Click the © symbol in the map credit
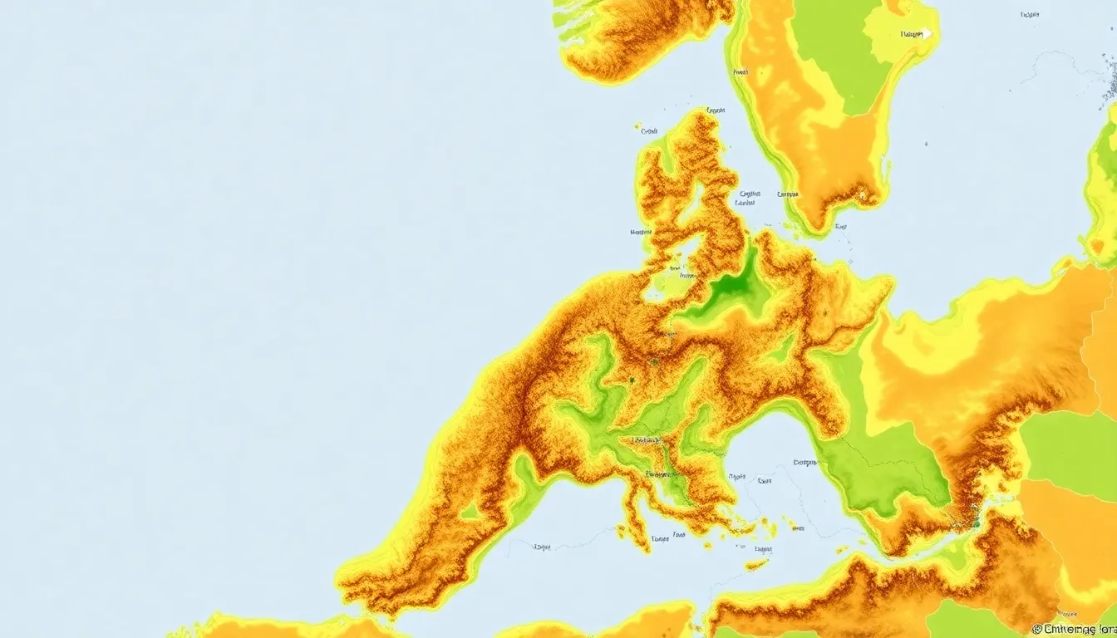[x=1036, y=630]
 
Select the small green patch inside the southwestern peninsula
[x=470, y=511]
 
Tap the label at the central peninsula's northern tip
[x=715, y=110]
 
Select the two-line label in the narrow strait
[x=747, y=198]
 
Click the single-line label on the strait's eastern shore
[x=786, y=194]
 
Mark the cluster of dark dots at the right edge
[x=1110, y=83]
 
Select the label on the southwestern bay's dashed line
[x=542, y=547]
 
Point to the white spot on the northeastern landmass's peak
[x=862, y=196]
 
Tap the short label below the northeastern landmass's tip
[x=840, y=226]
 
